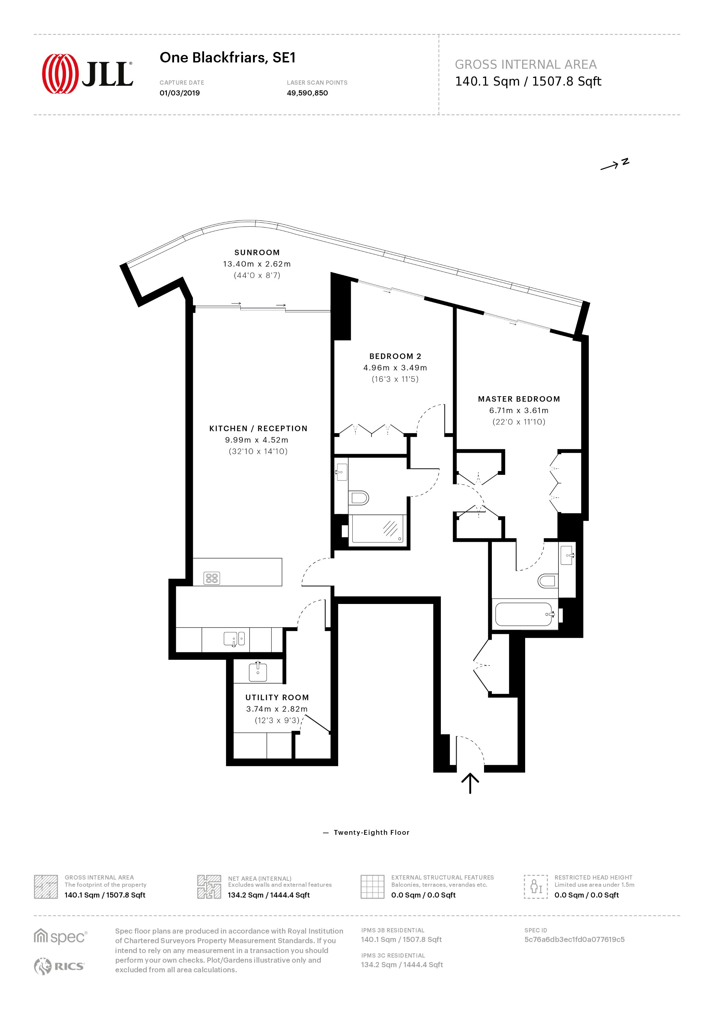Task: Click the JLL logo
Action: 87,74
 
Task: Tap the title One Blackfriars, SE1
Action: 227,58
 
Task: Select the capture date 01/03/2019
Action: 179,93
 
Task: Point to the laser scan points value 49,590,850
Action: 307,93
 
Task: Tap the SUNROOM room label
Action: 257,252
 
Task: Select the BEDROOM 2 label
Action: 395,356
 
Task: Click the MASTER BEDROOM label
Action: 519,399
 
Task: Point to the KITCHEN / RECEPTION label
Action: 258,428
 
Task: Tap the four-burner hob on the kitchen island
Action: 212,578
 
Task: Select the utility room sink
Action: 258,672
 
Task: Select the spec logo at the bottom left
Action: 61,937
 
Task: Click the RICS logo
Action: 59,966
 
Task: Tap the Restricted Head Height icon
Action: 536,886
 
